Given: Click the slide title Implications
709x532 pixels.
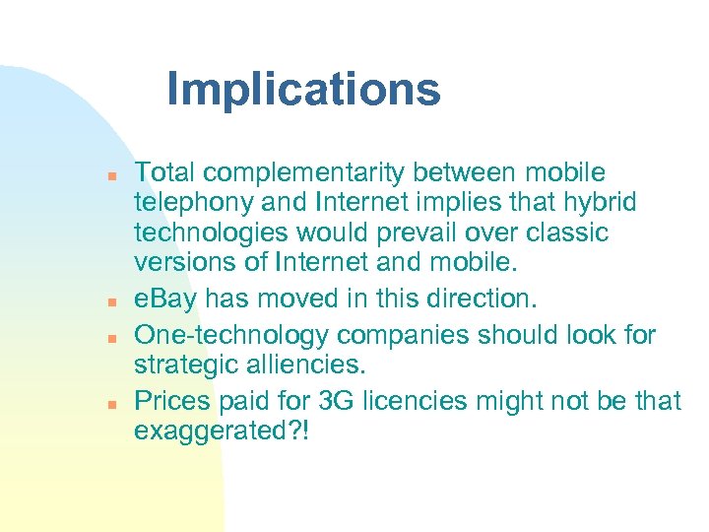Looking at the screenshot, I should tap(303, 90).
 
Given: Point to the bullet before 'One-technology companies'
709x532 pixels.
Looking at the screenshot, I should tap(113, 337).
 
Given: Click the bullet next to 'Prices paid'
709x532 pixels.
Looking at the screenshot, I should tap(113, 404).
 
